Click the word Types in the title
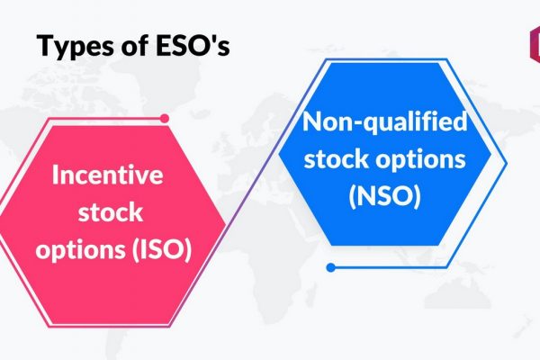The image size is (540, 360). [x=76, y=46]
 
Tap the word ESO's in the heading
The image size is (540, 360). [x=193, y=45]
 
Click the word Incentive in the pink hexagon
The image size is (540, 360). [x=108, y=175]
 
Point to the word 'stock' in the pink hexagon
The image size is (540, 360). [x=110, y=211]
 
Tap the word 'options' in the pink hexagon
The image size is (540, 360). [x=81, y=250]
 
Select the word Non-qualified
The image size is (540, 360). [x=384, y=122]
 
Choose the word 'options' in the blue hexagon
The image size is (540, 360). [x=420, y=160]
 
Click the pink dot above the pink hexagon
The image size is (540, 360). [x=165, y=119]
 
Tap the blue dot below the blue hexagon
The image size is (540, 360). [x=330, y=267]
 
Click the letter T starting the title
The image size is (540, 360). [x=47, y=45]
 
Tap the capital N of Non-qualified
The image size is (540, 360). [x=312, y=121]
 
